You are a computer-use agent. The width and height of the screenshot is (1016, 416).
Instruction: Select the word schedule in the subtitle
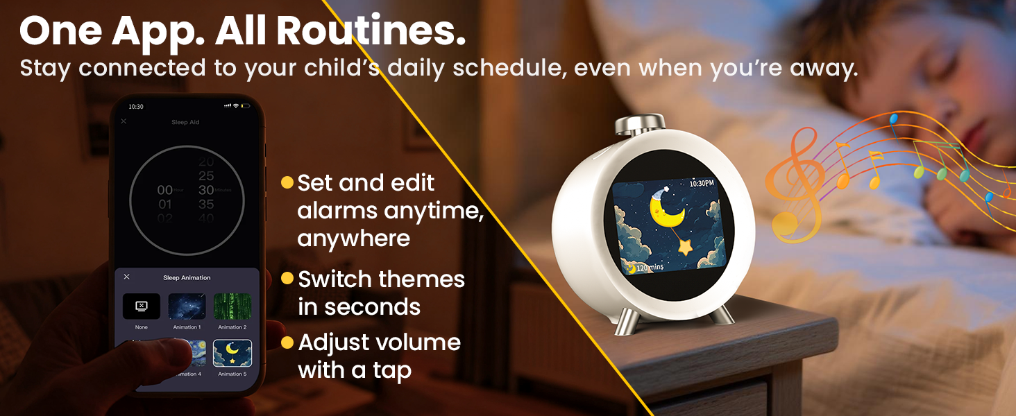[508, 68]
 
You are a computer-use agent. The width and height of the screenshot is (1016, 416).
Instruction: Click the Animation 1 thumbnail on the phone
[187, 306]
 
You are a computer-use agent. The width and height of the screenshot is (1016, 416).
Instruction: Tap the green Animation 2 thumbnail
[232, 306]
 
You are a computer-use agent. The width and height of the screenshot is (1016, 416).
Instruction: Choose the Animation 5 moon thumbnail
[232, 353]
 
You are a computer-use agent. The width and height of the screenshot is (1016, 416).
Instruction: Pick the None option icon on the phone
[142, 306]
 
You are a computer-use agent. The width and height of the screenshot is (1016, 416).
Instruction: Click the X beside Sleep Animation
[126, 277]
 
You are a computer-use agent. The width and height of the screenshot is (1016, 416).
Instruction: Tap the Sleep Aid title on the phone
[185, 122]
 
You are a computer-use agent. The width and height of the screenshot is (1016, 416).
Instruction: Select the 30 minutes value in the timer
[205, 190]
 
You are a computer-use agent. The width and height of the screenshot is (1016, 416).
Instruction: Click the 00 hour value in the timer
[164, 190]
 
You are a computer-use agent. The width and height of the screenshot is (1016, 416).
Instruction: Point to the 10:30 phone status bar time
[136, 107]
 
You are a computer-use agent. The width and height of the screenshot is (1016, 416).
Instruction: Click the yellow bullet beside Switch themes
[287, 279]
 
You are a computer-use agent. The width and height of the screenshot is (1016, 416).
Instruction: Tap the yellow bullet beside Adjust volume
[287, 343]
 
